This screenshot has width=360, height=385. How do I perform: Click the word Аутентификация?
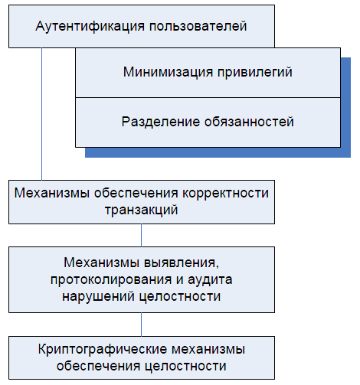pyautogui.click(x=90, y=27)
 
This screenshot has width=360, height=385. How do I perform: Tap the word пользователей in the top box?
pyautogui.click(x=198, y=26)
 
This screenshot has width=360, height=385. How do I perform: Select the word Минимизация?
pyautogui.click(x=168, y=72)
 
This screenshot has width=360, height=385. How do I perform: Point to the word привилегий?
pyautogui.click(x=255, y=72)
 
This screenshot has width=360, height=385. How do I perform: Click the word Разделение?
pyautogui.click(x=161, y=122)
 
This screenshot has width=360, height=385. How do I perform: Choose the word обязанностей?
pyautogui.click(x=249, y=122)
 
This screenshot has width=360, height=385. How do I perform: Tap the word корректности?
pyautogui.click(x=225, y=194)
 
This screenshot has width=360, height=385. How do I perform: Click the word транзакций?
pyautogui.click(x=142, y=210)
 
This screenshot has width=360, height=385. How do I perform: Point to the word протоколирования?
pyautogui.click(x=111, y=280)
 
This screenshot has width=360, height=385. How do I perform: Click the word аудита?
pyautogui.click(x=210, y=279)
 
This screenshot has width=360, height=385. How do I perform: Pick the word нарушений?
pyautogui.click(x=99, y=296)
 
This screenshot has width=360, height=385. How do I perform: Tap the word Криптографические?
pyautogui.click(x=103, y=350)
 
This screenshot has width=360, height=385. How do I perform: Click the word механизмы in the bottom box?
pyautogui.click(x=208, y=349)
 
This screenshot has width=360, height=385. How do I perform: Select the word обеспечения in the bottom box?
pyautogui.click(x=98, y=366)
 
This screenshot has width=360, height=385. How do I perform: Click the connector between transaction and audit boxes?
pyautogui.click(x=141, y=235)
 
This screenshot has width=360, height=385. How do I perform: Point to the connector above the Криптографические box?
pyautogui.click(x=141, y=325)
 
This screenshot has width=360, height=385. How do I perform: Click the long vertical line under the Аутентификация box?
pyautogui.click(x=41, y=114)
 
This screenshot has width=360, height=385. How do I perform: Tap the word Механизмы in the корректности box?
pyautogui.click(x=52, y=193)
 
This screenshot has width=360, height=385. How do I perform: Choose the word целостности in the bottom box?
pyautogui.click(x=185, y=366)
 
